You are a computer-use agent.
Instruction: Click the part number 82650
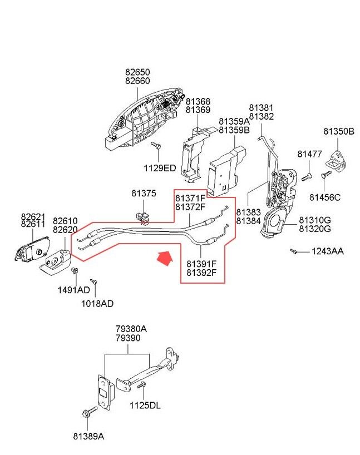tap(137, 72)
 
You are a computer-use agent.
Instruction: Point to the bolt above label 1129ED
tap(156, 145)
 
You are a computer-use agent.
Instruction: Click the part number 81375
tap(144, 194)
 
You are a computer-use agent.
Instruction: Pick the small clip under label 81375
tap(143, 215)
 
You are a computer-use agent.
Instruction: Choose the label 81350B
tap(338, 132)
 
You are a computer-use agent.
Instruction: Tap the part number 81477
tap(309, 154)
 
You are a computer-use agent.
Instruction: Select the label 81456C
tap(325, 197)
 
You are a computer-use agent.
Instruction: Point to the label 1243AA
tap(327, 251)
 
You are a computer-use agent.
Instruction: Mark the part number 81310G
tap(315, 220)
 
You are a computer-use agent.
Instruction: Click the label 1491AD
tap(73, 290)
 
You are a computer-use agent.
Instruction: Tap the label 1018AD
tap(97, 304)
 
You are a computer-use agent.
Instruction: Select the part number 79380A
tap(131, 329)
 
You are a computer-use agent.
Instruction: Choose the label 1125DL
tap(145, 405)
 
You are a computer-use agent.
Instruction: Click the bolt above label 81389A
tap(87, 413)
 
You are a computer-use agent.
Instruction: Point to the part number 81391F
tap(201, 264)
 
